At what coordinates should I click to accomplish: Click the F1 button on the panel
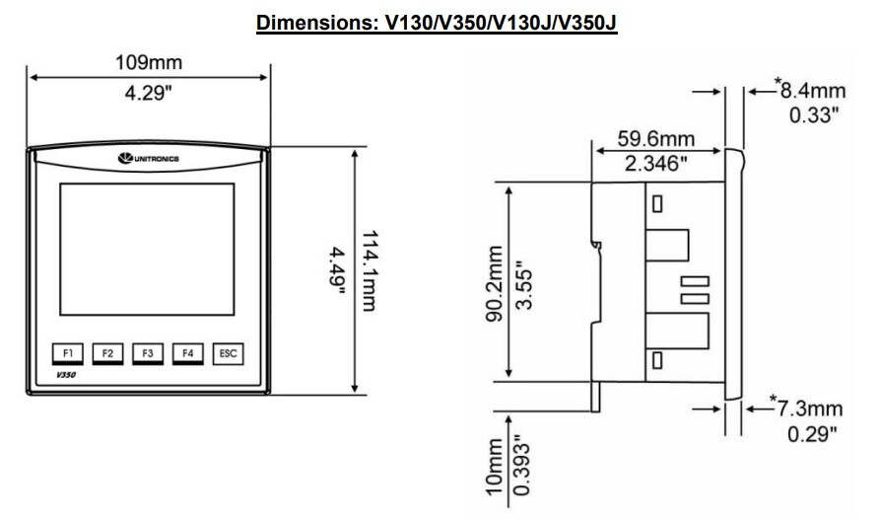coord(68,354)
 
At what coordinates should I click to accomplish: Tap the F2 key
coord(107,354)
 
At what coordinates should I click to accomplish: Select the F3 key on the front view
coord(148,354)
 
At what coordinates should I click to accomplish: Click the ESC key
coord(228,354)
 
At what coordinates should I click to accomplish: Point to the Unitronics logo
coord(149,159)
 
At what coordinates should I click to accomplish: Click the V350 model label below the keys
coord(66,375)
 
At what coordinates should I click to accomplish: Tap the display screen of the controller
coord(147,249)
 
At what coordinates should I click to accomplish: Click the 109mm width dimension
coord(149,62)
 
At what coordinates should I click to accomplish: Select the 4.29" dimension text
coord(148,93)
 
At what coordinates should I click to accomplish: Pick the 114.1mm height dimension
coord(370,270)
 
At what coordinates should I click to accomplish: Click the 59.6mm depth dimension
coord(656,138)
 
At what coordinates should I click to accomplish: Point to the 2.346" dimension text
coord(656,164)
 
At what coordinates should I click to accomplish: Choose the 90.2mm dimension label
coord(494,283)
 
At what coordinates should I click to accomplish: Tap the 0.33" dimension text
coord(814,115)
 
